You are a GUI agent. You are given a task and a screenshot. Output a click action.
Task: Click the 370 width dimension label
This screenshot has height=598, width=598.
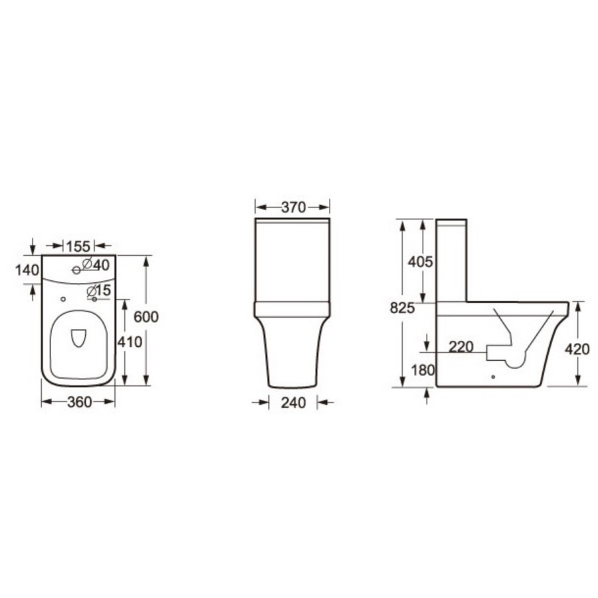(292, 207)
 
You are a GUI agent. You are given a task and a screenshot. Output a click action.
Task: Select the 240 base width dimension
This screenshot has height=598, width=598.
(292, 403)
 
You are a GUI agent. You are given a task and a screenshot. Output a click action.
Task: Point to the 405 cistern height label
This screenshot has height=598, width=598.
(420, 262)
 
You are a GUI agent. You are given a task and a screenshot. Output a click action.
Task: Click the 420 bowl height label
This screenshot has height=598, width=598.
(577, 349)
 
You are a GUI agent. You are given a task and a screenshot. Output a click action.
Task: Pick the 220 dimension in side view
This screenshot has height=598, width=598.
(461, 346)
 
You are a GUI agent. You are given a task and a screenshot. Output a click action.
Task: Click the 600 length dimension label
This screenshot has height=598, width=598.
(146, 317)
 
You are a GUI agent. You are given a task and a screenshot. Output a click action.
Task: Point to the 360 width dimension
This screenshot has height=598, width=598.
(78, 403)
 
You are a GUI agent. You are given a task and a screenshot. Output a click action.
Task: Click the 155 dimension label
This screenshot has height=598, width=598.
(78, 245)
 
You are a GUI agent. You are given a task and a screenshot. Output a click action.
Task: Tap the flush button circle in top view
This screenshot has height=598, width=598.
(76, 269)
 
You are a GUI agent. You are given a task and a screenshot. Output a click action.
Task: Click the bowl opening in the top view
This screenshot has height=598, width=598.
(78, 339)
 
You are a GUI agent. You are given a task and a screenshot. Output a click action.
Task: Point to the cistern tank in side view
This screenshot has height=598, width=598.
(452, 259)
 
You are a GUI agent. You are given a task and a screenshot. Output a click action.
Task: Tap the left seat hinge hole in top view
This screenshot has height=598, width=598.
(62, 300)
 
